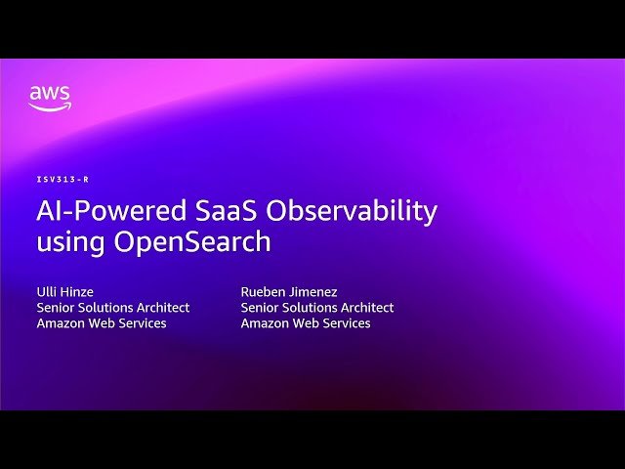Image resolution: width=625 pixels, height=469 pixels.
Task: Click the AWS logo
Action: tap(49, 98)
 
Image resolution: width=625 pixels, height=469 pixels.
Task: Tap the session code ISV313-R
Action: tap(62, 180)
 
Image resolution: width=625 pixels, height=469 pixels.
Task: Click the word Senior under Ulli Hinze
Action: tap(57, 307)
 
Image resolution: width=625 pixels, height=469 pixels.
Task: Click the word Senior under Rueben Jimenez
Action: tap(261, 307)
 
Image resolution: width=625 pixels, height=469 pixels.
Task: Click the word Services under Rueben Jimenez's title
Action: tap(345, 323)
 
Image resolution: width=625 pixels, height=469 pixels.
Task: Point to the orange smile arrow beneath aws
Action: tap(49, 107)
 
